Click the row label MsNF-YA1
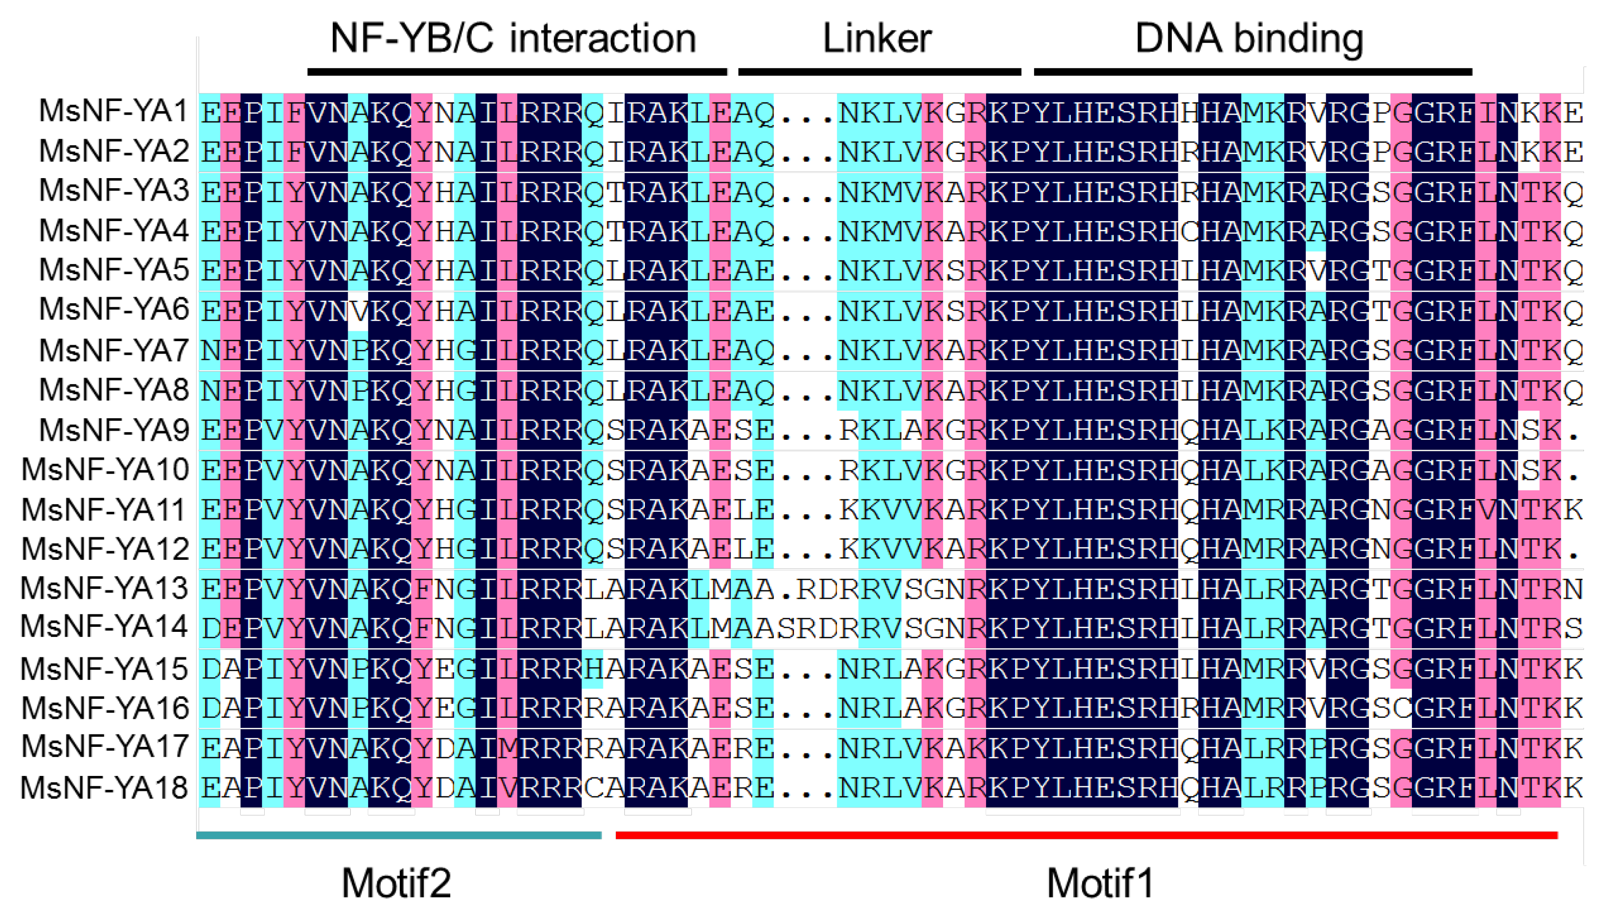pos(114,111)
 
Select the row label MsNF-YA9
pos(114,430)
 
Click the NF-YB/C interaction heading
pos(513,39)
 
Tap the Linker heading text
pos(877,39)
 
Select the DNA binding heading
pos(1249,39)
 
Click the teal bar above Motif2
pos(399,835)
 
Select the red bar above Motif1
pos(1086,835)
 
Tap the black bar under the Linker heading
pos(880,72)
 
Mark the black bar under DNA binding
pos(1252,72)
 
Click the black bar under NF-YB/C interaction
pos(517,72)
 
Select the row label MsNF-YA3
pos(114,190)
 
